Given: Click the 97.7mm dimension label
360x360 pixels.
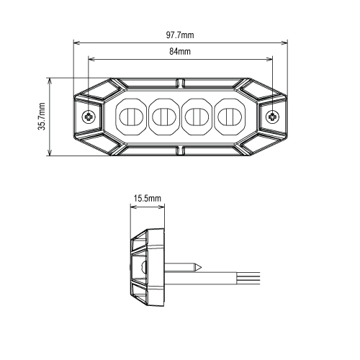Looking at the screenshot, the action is click(x=180, y=35).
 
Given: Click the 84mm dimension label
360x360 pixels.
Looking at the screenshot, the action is click(x=180, y=51).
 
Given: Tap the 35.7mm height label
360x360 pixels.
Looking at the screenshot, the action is click(x=42, y=117).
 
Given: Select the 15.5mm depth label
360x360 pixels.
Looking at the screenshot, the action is click(x=148, y=199).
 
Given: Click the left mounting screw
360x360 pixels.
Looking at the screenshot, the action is click(x=89, y=117).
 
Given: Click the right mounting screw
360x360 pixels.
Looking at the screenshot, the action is click(x=272, y=117).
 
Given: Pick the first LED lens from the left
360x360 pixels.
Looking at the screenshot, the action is click(x=131, y=117).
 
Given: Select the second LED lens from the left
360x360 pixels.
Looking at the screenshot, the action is click(x=164, y=117).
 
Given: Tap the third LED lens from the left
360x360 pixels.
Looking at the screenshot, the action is click(x=197, y=117).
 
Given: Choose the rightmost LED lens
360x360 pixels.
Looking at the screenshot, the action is click(x=230, y=117).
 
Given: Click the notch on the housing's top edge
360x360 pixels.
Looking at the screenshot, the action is click(x=180, y=83).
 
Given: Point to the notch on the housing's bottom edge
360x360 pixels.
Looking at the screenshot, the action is click(x=180, y=150).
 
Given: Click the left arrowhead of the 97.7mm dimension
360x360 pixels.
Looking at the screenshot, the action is click(x=76, y=43).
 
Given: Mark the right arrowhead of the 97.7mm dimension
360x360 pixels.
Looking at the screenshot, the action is click(x=284, y=43).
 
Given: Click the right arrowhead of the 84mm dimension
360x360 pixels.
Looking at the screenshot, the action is click(x=269, y=59).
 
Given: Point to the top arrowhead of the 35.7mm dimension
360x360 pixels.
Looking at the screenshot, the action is click(x=50, y=81).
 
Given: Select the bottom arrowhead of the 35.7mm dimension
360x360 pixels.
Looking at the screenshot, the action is click(x=50, y=153).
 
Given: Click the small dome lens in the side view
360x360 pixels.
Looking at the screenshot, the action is click(x=144, y=266).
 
